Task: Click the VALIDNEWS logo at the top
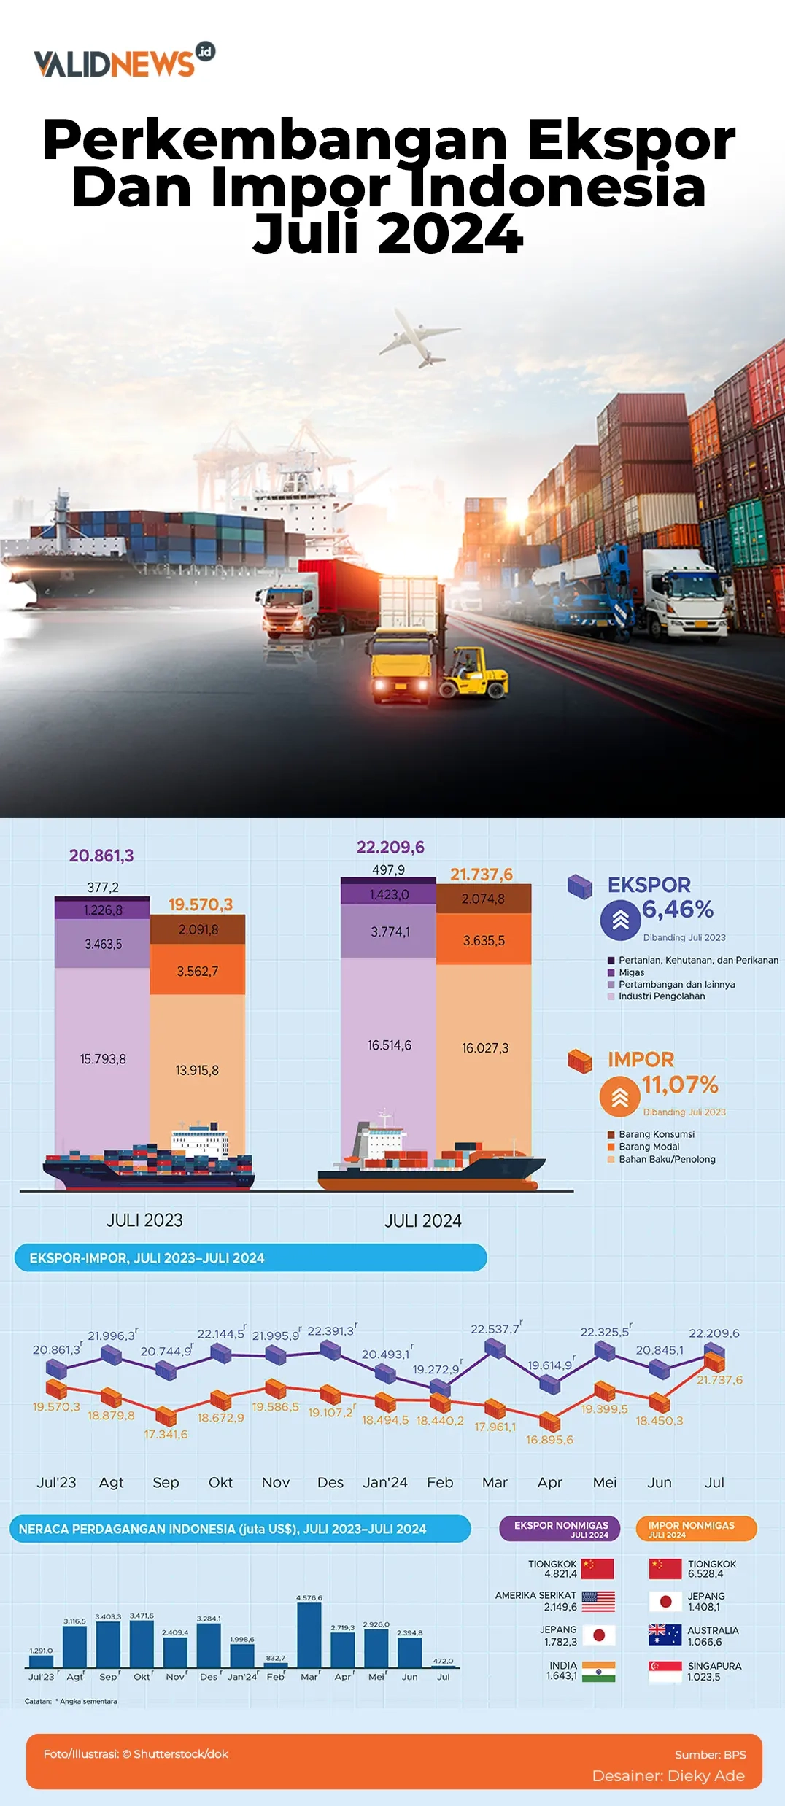pos(124,61)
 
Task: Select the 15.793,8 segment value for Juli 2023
pos(103,1059)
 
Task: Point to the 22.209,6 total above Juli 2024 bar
pos(390,847)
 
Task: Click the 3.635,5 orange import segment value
pos(484,941)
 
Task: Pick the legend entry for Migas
pos(631,972)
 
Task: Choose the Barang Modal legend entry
pos(649,1147)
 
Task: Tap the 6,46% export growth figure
pos(678,910)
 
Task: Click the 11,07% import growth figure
pos(680,1085)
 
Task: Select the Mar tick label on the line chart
pos(495,1482)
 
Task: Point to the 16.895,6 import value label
pos(550,1440)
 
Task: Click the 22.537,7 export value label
pos(496,1329)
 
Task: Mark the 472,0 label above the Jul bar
pos(443,1661)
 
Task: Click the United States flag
pos(598,1601)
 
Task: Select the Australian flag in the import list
pos(665,1635)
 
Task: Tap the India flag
pos(598,1671)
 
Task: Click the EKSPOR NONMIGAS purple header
pos(560,1528)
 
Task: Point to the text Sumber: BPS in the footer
pos(710,1754)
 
